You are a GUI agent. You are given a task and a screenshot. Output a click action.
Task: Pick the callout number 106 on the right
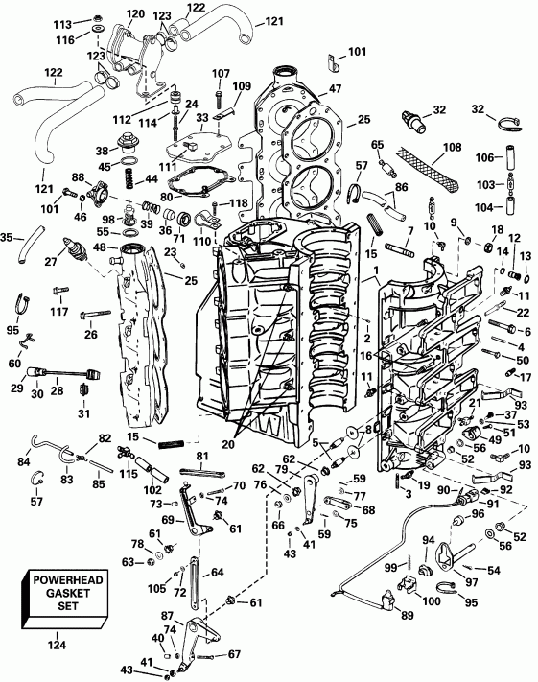point(486,157)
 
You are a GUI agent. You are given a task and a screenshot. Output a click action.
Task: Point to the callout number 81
point(202,456)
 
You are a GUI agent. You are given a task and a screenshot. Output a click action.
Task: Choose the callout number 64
point(219,572)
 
